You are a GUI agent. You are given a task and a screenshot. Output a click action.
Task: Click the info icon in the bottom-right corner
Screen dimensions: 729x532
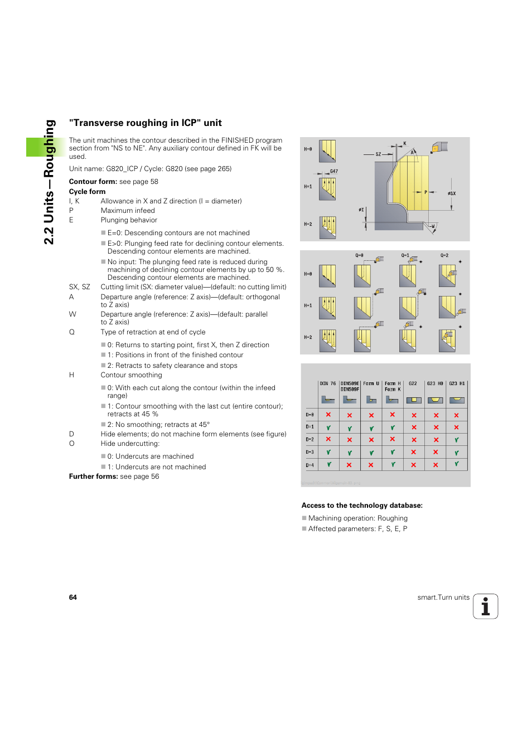(x=485, y=606)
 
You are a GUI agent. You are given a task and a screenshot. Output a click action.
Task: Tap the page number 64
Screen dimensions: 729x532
(x=73, y=597)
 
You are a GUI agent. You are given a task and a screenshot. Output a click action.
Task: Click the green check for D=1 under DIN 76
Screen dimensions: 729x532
(x=328, y=427)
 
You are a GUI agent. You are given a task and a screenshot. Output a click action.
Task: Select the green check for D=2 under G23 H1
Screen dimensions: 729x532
(x=456, y=440)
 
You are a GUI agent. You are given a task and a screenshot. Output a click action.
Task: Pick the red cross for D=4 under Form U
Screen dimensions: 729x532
(x=371, y=464)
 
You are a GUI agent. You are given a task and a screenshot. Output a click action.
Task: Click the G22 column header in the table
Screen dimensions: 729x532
(x=413, y=383)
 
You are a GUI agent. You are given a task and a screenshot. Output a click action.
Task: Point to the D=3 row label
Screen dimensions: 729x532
(x=309, y=452)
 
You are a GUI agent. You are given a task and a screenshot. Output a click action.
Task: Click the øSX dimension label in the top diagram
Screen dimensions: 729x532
(x=452, y=193)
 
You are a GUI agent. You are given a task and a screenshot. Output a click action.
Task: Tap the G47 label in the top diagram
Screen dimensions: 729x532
(x=333, y=171)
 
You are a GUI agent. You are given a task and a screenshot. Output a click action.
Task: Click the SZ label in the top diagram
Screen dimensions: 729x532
(x=378, y=154)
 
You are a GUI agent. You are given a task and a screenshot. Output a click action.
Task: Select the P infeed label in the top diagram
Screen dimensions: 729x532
(x=425, y=192)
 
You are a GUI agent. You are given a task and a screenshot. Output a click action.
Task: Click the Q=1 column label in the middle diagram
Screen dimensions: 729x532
(x=405, y=255)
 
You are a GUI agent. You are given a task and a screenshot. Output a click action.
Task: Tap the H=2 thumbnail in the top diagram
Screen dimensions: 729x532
(x=327, y=227)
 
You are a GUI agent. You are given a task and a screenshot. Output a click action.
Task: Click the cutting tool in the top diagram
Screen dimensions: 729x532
(x=439, y=147)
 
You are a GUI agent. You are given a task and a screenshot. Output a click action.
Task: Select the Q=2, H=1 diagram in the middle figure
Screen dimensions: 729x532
(x=447, y=307)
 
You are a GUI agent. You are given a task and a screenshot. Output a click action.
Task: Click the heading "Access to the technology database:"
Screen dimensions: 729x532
(x=362, y=506)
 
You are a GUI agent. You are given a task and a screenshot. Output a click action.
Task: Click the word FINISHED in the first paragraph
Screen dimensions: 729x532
(x=237, y=140)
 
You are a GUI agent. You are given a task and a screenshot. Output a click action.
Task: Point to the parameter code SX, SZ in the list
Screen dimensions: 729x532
(x=80, y=287)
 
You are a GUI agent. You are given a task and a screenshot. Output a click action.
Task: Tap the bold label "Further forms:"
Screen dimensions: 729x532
(x=93, y=477)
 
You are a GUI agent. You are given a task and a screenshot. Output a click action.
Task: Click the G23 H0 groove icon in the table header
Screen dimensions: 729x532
(x=435, y=400)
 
